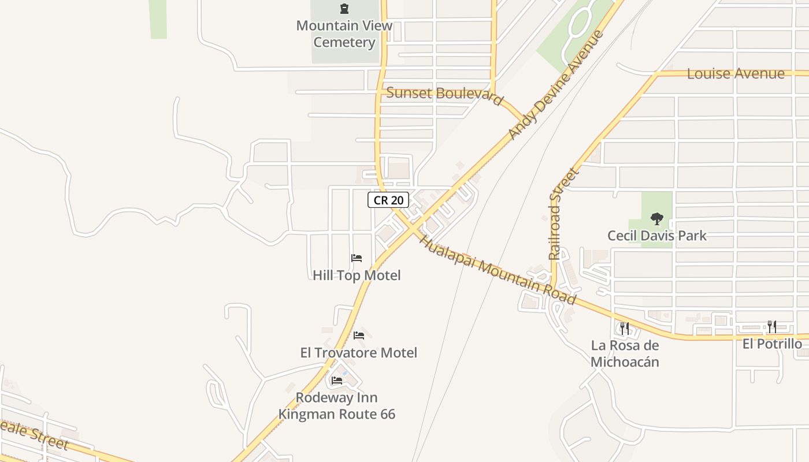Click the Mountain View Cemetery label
tap(344, 33)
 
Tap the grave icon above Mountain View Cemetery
tap(344, 9)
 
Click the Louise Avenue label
tap(736, 73)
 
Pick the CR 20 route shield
tap(388, 200)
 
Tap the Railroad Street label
tap(563, 214)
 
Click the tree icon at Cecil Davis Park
tap(656, 219)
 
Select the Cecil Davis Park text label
tap(656, 236)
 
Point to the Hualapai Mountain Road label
tap(498, 269)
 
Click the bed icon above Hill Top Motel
tap(357, 258)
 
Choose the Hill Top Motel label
tap(357, 275)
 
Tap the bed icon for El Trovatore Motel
tap(359, 335)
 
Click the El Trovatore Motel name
tap(358, 352)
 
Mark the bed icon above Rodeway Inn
tap(337, 381)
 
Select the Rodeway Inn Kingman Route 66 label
tap(337, 405)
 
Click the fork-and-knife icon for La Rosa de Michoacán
tap(625, 328)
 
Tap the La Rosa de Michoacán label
tap(625, 353)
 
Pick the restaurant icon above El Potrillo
tap(771, 327)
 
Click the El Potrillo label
tap(772, 344)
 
